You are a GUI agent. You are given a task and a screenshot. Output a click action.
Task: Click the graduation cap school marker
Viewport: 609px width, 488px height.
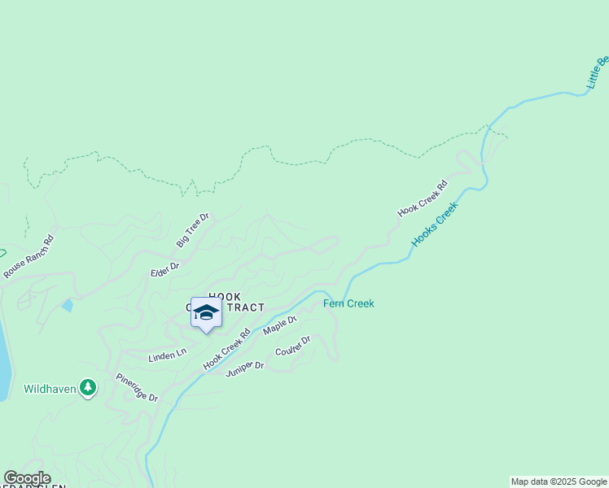pyautogui.click(x=206, y=313)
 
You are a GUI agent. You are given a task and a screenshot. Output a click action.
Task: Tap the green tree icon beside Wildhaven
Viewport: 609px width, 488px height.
pyautogui.click(x=89, y=389)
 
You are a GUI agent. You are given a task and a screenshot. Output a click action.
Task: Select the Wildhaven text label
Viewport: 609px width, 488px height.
pyautogui.click(x=50, y=390)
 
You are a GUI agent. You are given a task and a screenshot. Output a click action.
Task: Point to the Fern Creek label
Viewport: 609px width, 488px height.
pyautogui.click(x=348, y=303)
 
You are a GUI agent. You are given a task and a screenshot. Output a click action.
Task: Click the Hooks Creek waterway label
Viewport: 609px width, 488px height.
pyautogui.click(x=435, y=224)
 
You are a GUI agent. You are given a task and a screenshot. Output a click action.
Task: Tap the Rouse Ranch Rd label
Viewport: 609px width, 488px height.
pyautogui.click(x=28, y=257)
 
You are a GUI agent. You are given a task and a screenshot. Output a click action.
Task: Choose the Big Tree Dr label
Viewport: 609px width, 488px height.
pyautogui.click(x=193, y=230)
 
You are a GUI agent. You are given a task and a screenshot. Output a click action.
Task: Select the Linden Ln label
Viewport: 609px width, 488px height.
pyautogui.click(x=167, y=355)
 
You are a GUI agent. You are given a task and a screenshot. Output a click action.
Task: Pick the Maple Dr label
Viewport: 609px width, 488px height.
pyautogui.click(x=279, y=325)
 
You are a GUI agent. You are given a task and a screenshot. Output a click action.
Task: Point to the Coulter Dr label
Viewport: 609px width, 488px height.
pyautogui.click(x=293, y=346)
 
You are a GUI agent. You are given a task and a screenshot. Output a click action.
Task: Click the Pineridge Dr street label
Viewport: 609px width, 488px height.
pyautogui.click(x=136, y=387)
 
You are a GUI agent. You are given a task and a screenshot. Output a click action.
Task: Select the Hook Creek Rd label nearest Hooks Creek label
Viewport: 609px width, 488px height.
pyautogui.click(x=423, y=198)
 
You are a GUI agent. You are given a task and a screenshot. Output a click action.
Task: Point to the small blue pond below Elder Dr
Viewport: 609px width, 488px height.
pyautogui.click(x=67, y=306)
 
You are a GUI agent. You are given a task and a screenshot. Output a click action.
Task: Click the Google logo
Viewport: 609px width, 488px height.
pyautogui.click(x=26, y=478)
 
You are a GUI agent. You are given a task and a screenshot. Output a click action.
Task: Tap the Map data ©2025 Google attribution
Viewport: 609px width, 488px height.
pyautogui.click(x=559, y=481)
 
